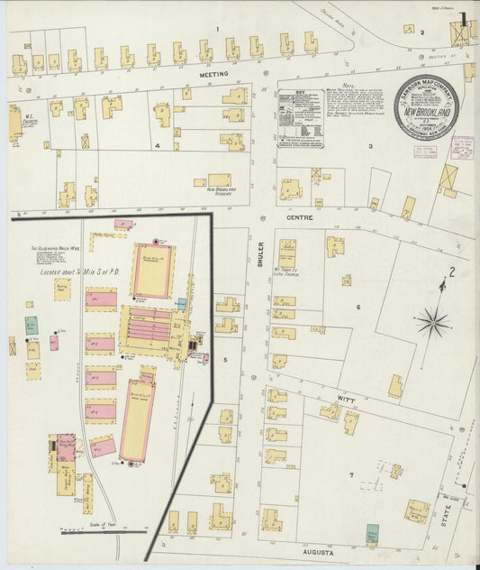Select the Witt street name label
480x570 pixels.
(x=346, y=398)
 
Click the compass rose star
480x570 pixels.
(x=433, y=322)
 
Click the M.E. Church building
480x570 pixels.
(x=15, y=122)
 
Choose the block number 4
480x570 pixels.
(x=156, y=144)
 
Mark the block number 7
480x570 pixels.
(x=352, y=474)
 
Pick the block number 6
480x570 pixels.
(x=358, y=308)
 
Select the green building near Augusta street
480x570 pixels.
(x=372, y=533)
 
